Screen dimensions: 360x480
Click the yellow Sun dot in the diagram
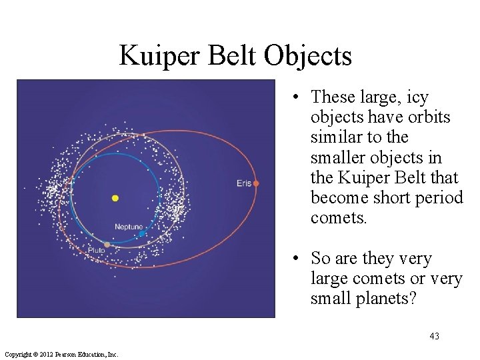pos(115,198)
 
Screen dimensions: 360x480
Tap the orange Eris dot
pos(256,183)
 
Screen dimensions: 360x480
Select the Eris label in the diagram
pos(244,183)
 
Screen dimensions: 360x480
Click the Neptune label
pos(129,227)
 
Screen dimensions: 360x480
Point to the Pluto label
pos(96,251)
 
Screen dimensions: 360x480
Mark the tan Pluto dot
pos(107,245)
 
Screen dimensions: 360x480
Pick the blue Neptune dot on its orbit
pos(141,234)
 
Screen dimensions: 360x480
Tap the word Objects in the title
pos(307,56)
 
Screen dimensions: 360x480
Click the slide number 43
pos(434,336)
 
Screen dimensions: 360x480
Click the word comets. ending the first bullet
pos(339,218)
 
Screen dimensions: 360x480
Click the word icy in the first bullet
pos(416,97)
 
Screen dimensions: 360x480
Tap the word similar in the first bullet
pos(335,137)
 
